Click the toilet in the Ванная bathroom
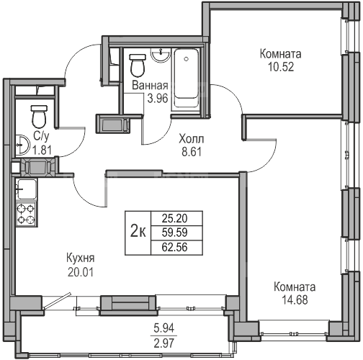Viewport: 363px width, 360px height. point(138,66)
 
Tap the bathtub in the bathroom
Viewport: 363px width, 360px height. point(187,78)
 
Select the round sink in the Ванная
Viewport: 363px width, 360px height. point(161,55)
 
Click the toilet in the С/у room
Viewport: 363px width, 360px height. point(39,117)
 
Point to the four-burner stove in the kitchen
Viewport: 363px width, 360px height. point(26,215)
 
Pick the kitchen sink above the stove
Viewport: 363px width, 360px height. point(27,189)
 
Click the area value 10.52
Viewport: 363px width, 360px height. point(281,67)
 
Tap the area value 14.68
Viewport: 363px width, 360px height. point(295,300)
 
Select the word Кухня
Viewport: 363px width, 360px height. point(81,258)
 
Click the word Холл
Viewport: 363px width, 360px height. point(192,139)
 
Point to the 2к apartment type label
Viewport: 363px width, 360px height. point(138,233)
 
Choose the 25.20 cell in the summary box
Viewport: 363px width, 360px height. point(174,218)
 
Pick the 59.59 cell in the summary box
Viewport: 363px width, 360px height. point(174,233)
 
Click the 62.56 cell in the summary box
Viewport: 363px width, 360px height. point(174,247)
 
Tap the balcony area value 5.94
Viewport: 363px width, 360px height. point(164,328)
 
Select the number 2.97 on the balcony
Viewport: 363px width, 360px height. point(164,343)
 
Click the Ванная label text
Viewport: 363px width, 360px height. point(150,86)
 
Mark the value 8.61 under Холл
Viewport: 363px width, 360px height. point(192,152)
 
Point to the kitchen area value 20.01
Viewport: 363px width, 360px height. point(81,272)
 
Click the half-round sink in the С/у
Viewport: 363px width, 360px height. point(22,145)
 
